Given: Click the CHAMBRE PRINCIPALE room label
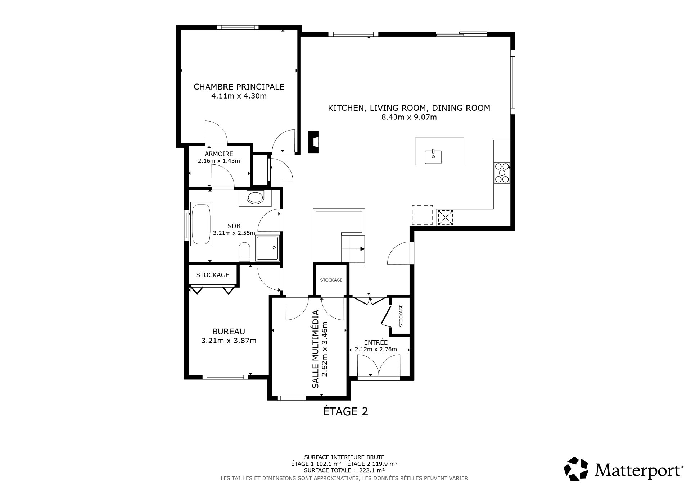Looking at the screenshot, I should pos(239,87).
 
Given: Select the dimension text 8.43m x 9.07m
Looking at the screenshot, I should pos(409,117).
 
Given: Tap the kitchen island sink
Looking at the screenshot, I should pos(433,156).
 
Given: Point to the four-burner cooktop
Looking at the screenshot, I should pos(502,173).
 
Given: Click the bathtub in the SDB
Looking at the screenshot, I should pos(201,224).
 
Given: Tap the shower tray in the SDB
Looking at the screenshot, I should pos(267,248).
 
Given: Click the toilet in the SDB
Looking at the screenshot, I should pos(244,252).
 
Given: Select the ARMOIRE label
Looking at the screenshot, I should pos(219,154).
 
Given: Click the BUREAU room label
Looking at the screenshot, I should pos(229,332).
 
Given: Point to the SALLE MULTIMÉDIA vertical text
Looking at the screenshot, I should pos(315,349).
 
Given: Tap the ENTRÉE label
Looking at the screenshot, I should pos(376,342).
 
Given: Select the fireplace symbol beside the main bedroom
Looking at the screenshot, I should pos(314,142).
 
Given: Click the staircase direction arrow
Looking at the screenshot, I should pos(362,249).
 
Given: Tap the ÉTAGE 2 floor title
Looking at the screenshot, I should pos(345,411).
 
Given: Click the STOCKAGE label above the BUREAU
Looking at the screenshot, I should pos(212,275).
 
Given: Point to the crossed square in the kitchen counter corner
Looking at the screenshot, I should pos(445,217).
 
